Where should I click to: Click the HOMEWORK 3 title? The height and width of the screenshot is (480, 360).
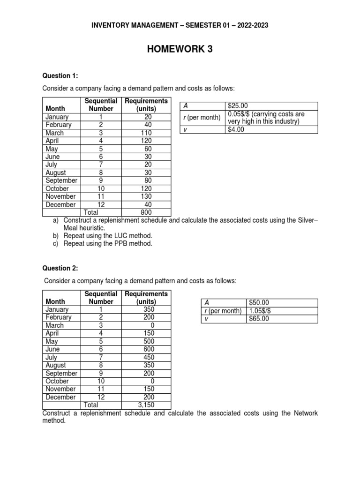(x=180, y=49)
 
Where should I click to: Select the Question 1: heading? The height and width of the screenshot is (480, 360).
(x=60, y=75)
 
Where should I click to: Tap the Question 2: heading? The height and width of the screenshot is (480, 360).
(x=60, y=268)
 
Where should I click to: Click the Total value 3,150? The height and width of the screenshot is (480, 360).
(x=146, y=405)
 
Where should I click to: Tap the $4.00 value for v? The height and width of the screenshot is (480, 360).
(x=236, y=130)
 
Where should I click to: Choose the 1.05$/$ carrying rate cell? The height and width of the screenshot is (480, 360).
(x=259, y=311)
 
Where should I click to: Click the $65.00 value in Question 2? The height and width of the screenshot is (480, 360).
(x=259, y=319)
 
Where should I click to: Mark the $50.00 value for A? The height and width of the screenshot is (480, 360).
(x=259, y=303)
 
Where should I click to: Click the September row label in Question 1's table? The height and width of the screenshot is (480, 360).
(x=61, y=180)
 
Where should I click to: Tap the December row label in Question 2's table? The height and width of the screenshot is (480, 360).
(x=60, y=397)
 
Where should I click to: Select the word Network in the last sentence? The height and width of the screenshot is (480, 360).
(x=306, y=413)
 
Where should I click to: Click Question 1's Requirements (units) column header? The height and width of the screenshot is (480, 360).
(x=146, y=105)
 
